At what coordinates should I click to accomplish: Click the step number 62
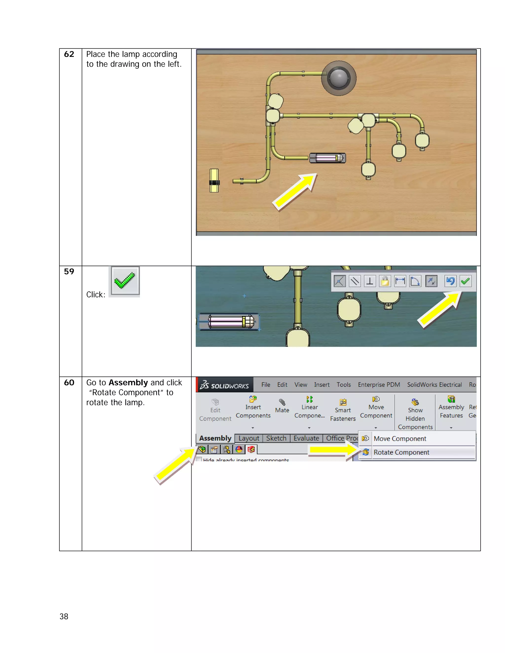coord(69,54)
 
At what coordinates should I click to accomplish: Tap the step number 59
coord(69,272)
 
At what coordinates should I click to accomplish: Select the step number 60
coord(69,382)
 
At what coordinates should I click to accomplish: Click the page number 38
coord(64,616)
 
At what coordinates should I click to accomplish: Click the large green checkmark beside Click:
coord(125,281)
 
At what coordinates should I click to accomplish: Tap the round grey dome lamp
coord(339,78)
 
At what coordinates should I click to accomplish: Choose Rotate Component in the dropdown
coord(401,452)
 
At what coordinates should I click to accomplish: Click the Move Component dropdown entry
coord(400,439)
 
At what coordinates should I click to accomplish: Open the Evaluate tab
coord(306,438)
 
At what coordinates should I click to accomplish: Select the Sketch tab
coord(276,438)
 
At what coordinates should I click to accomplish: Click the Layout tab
coord(249,438)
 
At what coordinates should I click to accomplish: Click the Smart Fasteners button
coord(343,410)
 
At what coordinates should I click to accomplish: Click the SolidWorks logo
coord(225,385)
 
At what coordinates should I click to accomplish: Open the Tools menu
coord(343,385)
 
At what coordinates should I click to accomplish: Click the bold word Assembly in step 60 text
coord(128,382)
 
